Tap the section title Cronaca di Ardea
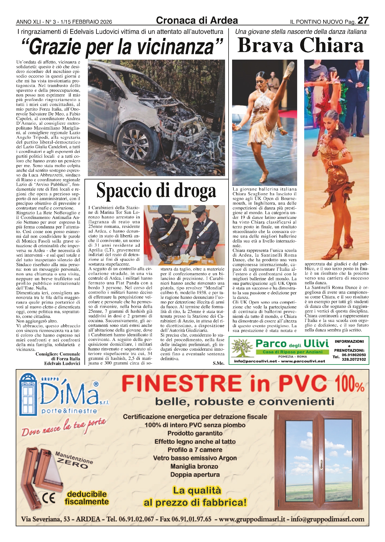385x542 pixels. (197, 20)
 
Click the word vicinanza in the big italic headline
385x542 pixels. (177, 47)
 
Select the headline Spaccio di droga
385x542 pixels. (156, 191)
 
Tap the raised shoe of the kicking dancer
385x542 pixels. (290, 66)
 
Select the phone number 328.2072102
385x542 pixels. (354, 359)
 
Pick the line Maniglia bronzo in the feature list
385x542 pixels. (194, 466)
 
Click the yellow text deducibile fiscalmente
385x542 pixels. (87, 498)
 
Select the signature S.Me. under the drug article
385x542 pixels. (218, 363)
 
